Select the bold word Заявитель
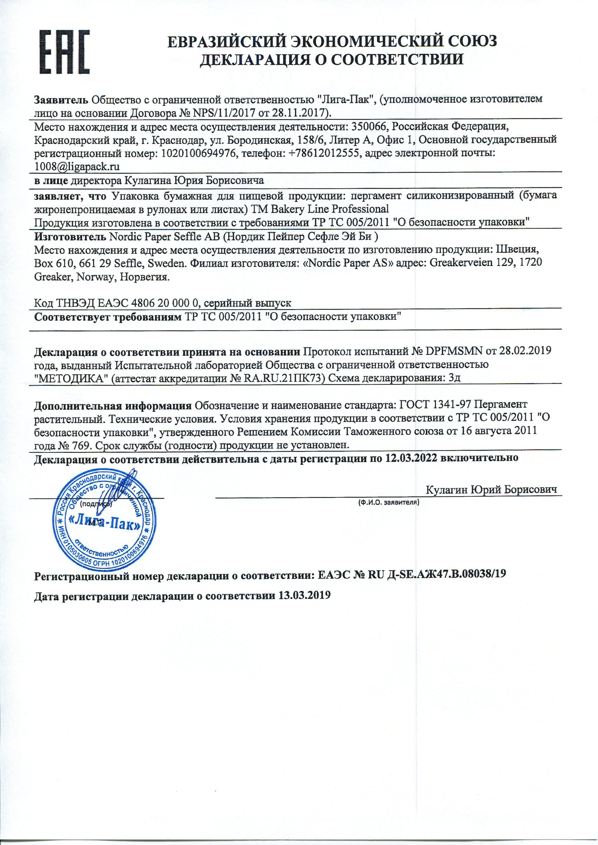[61, 99]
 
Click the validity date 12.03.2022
[411, 458]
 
